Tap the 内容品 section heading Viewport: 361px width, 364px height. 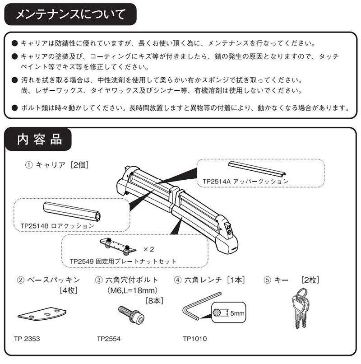click(38, 140)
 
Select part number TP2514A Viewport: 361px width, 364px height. click(217, 181)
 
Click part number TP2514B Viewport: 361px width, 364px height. click(36, 224)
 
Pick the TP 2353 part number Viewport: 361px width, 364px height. click(28, 337)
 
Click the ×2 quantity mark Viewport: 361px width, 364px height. click(149, 249)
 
